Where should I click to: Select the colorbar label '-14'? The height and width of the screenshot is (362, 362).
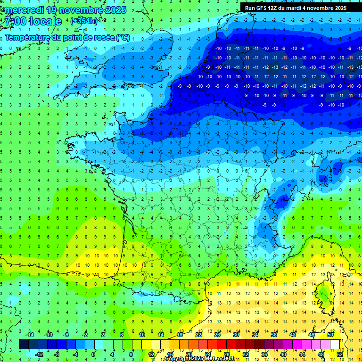[30, 335]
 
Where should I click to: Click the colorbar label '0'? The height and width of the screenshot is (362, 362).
[93, 354]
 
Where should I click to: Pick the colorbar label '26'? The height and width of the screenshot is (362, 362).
[217, 335]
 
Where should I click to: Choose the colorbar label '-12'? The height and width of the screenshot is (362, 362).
[39, 354]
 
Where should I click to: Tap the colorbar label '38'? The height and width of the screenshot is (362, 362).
[274, 335]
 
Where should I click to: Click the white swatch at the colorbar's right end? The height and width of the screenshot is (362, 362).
[335, 345]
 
